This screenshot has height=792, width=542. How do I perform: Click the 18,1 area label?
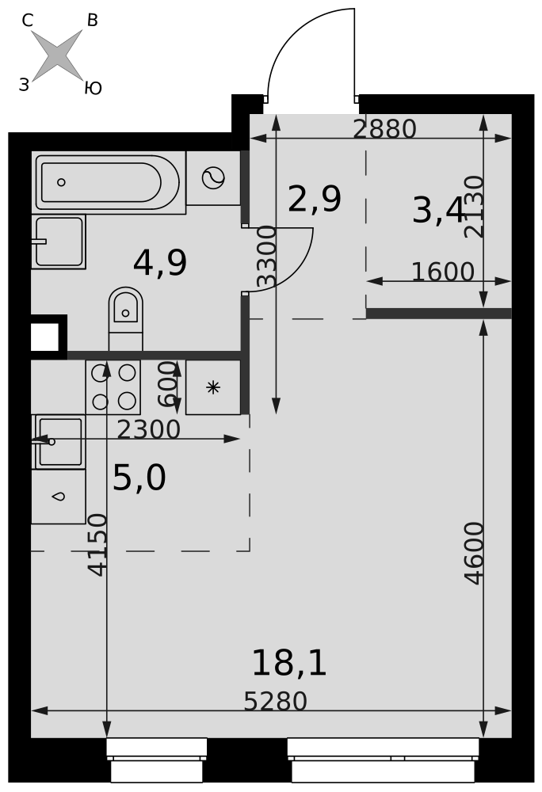pyautogui.click(x=289, y=663)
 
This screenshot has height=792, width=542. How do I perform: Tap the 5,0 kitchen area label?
pyautogui.click(x=139, y=478)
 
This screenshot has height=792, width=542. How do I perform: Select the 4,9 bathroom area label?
pyautogui.click(x=159, y=263)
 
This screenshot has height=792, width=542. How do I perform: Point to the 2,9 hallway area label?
pyautogui.click(x=315, y=199)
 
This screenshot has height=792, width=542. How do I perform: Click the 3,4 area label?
pyautogui.click(x=438, y=210)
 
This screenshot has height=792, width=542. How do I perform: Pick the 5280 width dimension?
pyautogui.click(x=275, y=702)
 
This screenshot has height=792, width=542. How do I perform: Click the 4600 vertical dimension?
pyautogui.click(x=475, y=553)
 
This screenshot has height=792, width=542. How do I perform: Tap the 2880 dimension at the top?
pyautogui.click(x=384, y=129)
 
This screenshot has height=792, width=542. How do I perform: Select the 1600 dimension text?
pyautogui.click(x=443, y=272)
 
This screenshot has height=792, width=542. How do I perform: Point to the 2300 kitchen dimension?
pyautogui.click(x=148, y=430)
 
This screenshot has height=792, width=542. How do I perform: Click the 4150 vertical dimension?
pyautogui.click(x=97, y=545)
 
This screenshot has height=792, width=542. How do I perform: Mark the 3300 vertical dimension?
pyautogui.click(x=267, y=257)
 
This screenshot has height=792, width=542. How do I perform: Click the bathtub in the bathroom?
pyautogui.click(x=108, y=182)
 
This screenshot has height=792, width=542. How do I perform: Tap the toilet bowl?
pyautogui.click(x=125, y=318)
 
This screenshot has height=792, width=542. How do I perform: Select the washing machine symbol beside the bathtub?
pyautogui.click(x=213, y=177)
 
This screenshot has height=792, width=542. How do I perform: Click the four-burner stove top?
pyautogui.click(x=113, y=387)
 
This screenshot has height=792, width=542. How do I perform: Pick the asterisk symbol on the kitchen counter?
pyautogui.click(x=213, y=387)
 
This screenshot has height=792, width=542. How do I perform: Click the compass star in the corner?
pyautogui.click(x=57, y=55)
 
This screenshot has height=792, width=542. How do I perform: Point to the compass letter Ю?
pyautogui.click(x=93, y=88)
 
